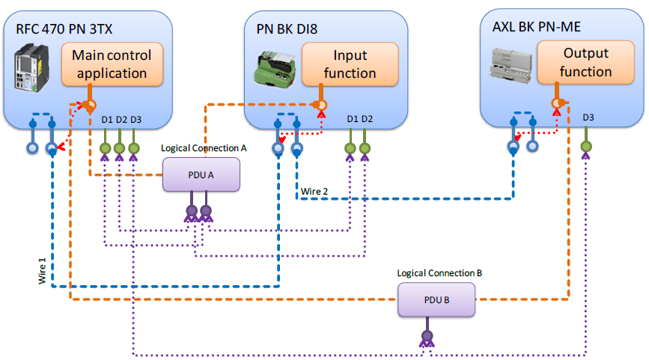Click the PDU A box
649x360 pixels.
click(201, 174)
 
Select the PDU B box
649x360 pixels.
click(436, 301)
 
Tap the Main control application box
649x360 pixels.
click(112, 64)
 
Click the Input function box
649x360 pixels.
click(350, 64)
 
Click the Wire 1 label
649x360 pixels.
click(42, 268)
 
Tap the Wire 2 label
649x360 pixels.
click(314, 192)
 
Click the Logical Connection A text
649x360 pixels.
click(204, 148)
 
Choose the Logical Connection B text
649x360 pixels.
click(439, 274)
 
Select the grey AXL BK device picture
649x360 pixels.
click(512, 64)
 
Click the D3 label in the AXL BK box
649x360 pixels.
click(588, 118)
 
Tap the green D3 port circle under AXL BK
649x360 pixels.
click(587, 135)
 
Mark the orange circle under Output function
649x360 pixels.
click(557, 103)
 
